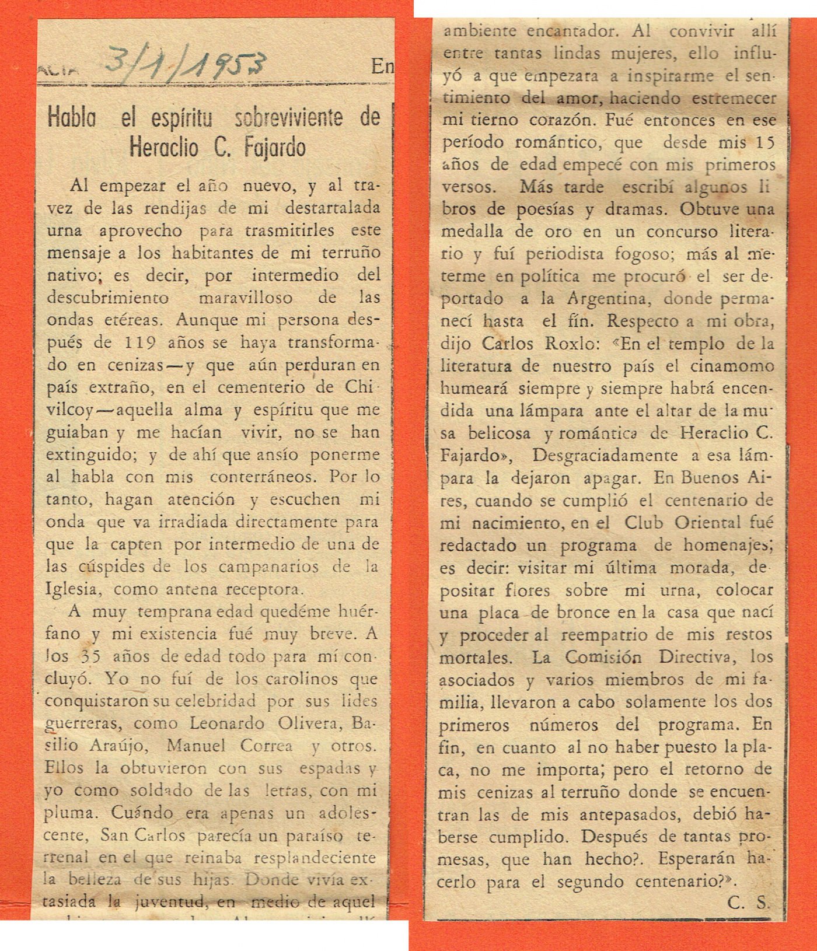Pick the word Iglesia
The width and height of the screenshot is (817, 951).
71,589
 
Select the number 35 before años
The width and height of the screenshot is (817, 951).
90,656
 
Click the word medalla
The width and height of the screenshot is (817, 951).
471,232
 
